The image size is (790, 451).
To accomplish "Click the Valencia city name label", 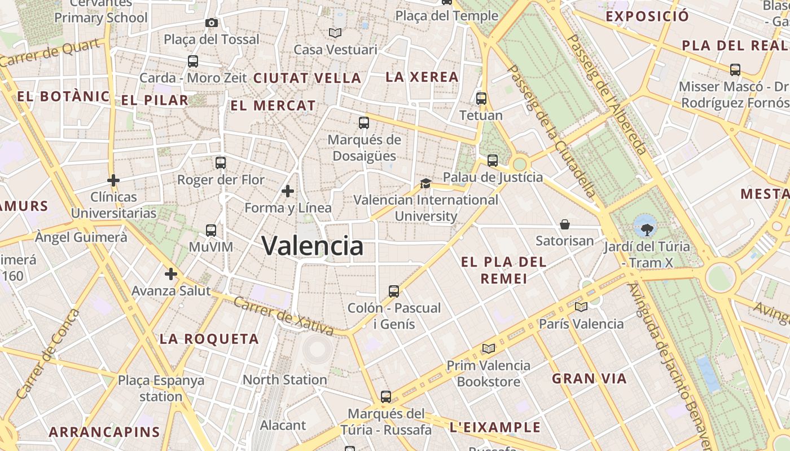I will (x=313, y=246).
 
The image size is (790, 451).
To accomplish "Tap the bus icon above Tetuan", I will (x=481, y=98).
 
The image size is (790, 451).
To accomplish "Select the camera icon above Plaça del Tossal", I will (x=212, y=23).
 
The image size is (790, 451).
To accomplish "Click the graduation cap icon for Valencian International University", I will (x=425, y=183).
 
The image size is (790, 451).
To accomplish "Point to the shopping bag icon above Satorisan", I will (x=564, y=224).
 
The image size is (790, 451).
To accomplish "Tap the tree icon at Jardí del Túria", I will (x=645, y=227).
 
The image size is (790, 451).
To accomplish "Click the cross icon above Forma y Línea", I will (x=288, y=191).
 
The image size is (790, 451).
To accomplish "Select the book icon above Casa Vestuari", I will (x=335, y=33).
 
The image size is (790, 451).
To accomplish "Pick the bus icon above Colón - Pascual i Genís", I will (x=394, y=291).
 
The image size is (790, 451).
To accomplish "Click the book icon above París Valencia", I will (x=581, y=307).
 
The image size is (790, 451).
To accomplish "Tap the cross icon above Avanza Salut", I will (x=170, y=274).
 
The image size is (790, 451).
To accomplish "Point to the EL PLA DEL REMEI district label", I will (x=504, y=270).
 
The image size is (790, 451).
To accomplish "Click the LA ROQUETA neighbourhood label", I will (x=209, y=339).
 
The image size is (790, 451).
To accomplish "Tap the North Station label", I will (x=284, y=379).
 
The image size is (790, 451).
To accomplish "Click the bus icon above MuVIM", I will (x=211, y=230).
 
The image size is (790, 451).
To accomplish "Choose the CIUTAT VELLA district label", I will (x=307, y=78).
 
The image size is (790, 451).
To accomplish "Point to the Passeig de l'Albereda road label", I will (x=607, y=94).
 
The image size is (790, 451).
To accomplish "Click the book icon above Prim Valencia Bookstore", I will (x=488, y=348).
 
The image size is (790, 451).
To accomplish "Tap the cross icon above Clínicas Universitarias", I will (x=113, y=180).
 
